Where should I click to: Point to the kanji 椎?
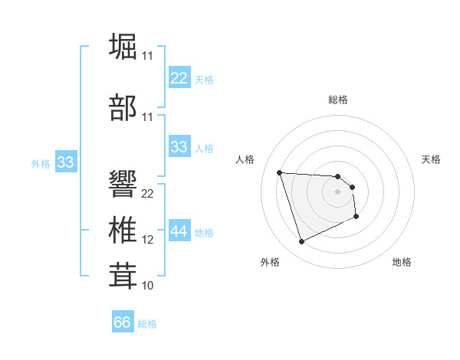pos(123,231)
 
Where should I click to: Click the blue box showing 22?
pos(179,78)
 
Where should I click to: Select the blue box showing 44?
pos(179,231)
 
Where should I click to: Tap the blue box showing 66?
pos(123,322)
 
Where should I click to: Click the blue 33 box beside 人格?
pos(179,147)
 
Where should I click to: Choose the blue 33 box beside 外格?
pos(65,162)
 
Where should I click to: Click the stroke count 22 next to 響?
pos(148,193)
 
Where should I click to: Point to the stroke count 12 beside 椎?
pos(148,240)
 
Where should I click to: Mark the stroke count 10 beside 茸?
pos(148,285)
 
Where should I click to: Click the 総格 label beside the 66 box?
pos(147,324)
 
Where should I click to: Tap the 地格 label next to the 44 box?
pos(204,233)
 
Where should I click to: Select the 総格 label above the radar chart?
pos(338,100)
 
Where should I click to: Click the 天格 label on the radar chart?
pos(432,159)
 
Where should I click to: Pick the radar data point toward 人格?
pos(280,172)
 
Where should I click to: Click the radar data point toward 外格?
pos(301,242)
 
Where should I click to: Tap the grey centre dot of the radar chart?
pos(337,192)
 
